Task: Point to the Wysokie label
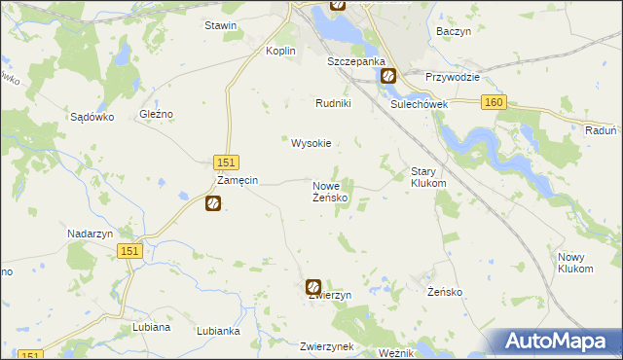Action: [x=311, y=143]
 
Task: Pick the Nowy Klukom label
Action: [x=575, y=262]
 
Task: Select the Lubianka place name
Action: [x=218, y=331]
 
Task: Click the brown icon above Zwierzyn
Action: [x=313, y=286]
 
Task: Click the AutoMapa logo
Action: [x=561, y=341]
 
